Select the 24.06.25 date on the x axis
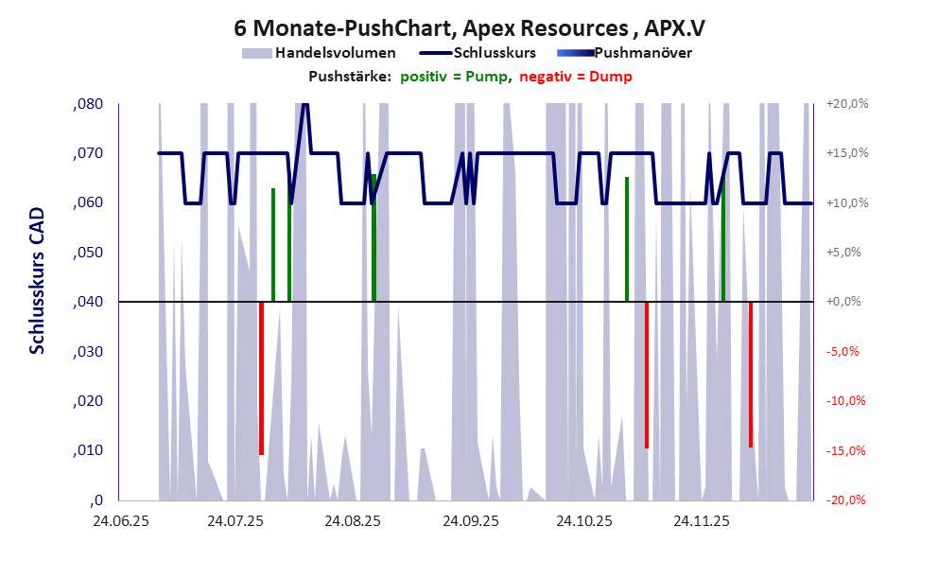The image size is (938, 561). click(x=119, y=521)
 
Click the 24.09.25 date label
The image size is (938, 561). click(x=469, y=521)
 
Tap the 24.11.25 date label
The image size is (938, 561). click(x=702, y=521)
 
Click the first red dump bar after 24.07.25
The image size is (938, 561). click(x=261, y=378)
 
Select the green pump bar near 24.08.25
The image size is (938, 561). click(x=374, y=237)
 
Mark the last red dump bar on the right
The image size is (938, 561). click(x=751, y=375)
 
